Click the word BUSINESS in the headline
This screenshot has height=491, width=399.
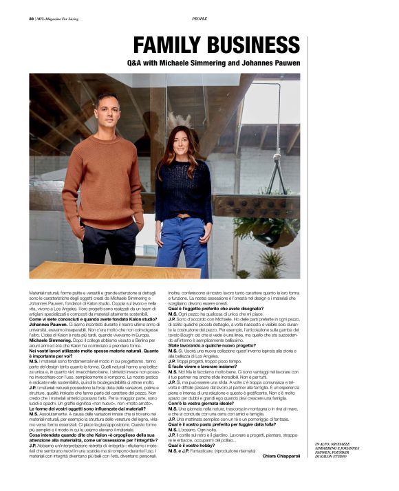coord(250,46)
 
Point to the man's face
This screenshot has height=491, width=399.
coord(107,111)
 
